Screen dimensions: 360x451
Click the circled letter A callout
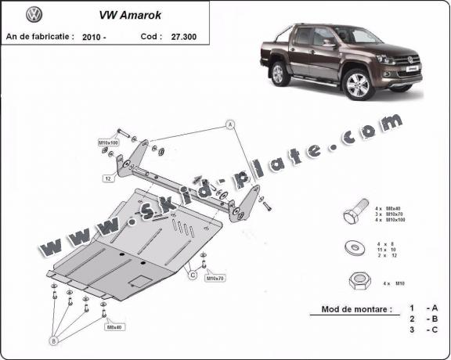(x=231, y=124)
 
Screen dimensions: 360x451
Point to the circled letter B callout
(x=54, y=341)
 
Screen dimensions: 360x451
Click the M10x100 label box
(x=108, y=142)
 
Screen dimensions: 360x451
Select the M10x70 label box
(x=215, y=278)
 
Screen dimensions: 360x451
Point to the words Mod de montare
(x=356, y=309)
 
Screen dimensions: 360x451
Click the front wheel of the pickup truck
(x=359, y=84)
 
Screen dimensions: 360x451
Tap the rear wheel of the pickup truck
(x=279, y=74)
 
